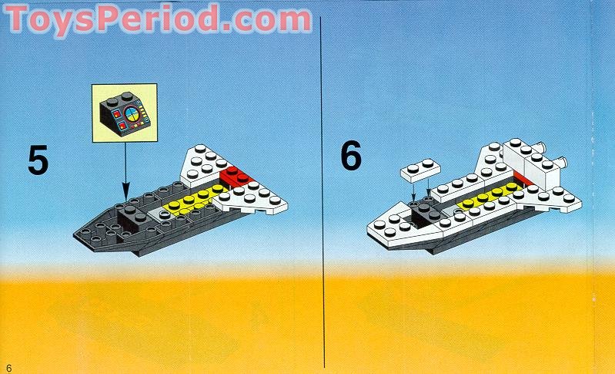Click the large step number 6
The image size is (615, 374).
(350, 157)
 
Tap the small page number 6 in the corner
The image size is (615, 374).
(9, 367)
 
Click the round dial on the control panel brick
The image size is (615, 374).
(132, 117)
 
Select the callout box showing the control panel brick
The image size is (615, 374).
(124, 113)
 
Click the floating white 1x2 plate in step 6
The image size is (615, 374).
(419, 169)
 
